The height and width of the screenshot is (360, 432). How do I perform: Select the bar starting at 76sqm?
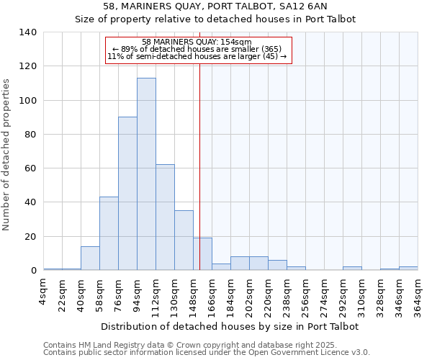coord(127,194)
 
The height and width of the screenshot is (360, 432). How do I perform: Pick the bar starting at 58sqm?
coord(109,233)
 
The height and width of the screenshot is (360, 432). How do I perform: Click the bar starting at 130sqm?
coord(184,240)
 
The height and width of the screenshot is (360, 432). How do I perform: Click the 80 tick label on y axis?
coord(30,135)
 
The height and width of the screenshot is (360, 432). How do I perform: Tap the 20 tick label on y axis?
coord(30,237)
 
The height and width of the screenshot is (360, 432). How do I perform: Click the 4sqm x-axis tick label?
coord(44,292)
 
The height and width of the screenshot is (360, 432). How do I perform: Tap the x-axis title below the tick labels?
coord(230,326)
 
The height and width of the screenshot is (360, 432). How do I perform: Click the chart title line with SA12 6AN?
coord(215,6)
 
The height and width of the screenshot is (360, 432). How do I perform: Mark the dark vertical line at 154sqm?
coord(199,166)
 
